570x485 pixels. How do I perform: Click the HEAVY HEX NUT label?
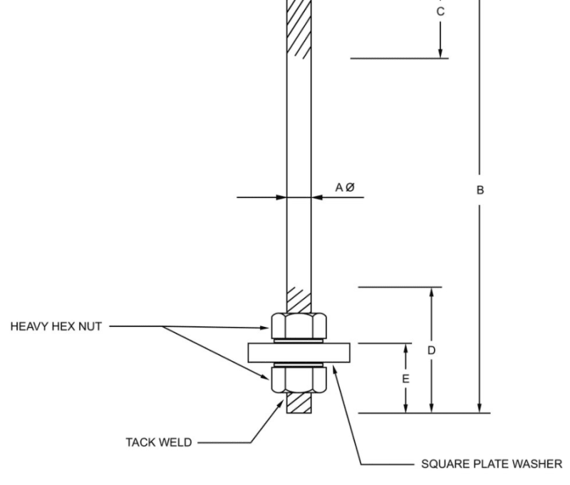click(56, 327)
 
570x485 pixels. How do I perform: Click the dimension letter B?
click(480, 189)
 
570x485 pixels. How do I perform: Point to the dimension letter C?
click(440, 11)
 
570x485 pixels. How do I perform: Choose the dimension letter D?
click(431, 350)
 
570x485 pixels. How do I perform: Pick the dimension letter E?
click(405, 379)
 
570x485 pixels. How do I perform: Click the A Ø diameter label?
click(345, 187)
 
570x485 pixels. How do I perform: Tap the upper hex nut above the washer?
click(299, 325)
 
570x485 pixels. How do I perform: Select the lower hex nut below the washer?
click(299, 380)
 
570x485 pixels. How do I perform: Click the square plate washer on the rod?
click(299, 353)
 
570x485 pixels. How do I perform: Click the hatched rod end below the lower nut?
click(299, 404)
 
